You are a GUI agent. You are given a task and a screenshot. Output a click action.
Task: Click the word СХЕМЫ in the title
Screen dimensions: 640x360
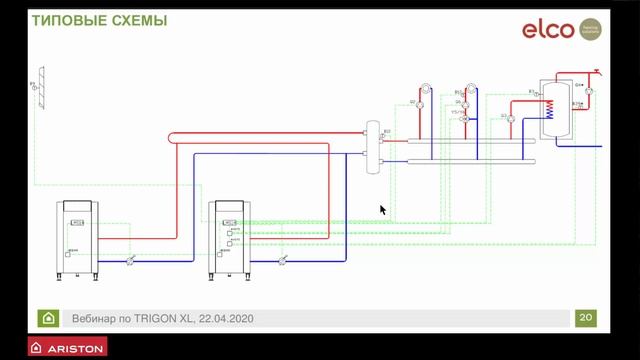[139, 21]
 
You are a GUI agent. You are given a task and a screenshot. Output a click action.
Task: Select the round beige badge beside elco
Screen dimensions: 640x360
[590, 30]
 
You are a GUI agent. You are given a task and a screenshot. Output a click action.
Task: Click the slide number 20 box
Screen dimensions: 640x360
[586, 318]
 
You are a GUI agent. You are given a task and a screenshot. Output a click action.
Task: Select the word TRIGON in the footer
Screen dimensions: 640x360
[159, 319]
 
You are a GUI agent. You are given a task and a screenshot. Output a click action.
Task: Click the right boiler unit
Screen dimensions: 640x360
[229, 239]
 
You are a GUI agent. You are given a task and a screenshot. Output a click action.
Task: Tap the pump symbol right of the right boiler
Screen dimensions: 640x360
[283, 259]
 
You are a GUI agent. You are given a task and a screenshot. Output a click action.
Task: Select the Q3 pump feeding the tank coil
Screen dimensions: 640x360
[510, 119]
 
